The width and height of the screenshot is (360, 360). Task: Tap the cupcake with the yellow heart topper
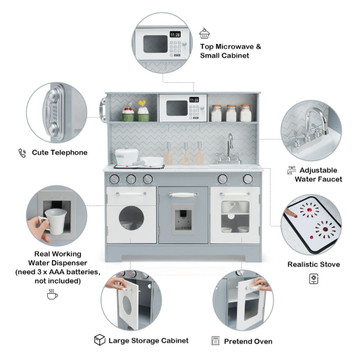[143, 111]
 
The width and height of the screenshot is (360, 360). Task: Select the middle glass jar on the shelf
[231, 113]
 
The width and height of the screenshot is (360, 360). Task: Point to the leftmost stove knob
[114, 179]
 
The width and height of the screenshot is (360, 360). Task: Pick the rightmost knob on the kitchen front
[248, 179]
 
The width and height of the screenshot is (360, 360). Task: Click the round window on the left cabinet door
[131, 218]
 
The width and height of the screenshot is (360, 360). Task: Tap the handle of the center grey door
[183, 195]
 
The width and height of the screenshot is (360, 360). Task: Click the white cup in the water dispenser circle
[54, 221]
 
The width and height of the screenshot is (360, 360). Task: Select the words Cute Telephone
[60, 153]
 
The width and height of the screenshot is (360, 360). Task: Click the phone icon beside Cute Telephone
[22, 153]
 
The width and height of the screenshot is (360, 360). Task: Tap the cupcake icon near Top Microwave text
[204, 33]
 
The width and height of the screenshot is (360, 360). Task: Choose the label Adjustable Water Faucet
[318, 175]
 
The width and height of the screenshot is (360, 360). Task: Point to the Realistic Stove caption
[314, 264]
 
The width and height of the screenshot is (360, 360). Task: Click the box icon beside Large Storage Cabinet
[100, 340]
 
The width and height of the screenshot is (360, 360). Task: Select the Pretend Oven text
[248, 341]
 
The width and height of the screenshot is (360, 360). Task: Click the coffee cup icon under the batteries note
[52, 295]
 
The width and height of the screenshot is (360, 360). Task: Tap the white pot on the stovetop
[127, 157]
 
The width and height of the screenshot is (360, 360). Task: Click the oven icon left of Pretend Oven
[215, 340]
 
